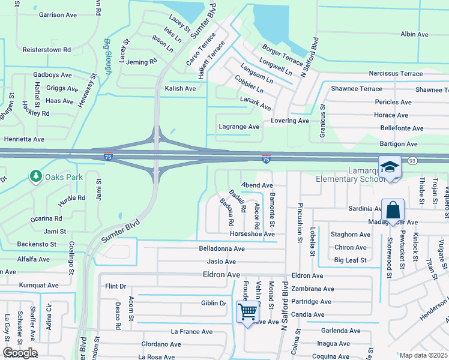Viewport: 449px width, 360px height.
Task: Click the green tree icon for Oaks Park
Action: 35,176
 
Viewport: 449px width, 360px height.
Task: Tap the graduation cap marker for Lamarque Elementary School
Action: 390,167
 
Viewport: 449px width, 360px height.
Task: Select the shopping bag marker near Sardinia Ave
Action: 393,211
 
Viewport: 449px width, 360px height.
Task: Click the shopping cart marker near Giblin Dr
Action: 247,311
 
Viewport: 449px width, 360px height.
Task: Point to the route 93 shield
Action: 412,161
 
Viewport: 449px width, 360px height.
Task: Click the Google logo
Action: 20,353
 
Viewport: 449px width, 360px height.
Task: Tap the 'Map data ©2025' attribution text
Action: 423,355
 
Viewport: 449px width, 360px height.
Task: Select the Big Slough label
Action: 108,56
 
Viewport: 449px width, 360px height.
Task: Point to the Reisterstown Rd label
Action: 46,50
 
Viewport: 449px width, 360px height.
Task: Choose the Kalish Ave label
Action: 180,88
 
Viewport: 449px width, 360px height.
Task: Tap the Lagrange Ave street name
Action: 239,127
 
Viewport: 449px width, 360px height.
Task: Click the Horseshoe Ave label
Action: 252,234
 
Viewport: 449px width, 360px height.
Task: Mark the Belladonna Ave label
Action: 221,248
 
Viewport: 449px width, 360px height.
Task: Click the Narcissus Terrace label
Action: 396,74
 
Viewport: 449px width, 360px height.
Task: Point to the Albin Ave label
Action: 414,35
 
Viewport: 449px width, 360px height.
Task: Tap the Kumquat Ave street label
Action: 38,285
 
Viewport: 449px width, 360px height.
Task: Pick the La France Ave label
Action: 191,331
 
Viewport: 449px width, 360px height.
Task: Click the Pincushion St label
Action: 300,223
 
